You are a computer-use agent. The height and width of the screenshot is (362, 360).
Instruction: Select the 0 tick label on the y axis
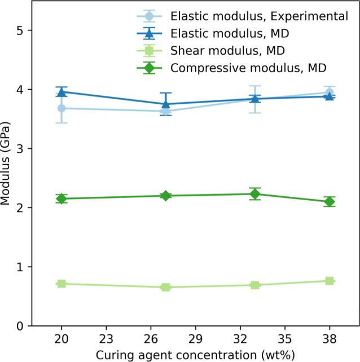point(20,326)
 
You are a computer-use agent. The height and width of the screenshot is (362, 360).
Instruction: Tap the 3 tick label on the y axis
point(20,149)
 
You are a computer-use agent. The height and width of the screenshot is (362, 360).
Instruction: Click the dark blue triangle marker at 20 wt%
point(62,91)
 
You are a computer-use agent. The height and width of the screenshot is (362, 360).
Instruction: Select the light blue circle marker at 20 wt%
point(62,108)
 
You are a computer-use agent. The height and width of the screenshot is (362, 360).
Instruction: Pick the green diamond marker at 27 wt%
point(166,196)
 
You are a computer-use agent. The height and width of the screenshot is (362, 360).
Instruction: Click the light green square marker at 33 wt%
point(254,285)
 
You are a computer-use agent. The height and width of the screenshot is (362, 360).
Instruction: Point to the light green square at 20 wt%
point(62,284)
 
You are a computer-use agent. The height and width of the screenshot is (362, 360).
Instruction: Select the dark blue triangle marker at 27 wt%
point(166,104)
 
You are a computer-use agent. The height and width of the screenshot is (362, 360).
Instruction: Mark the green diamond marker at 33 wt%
point(254,194)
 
